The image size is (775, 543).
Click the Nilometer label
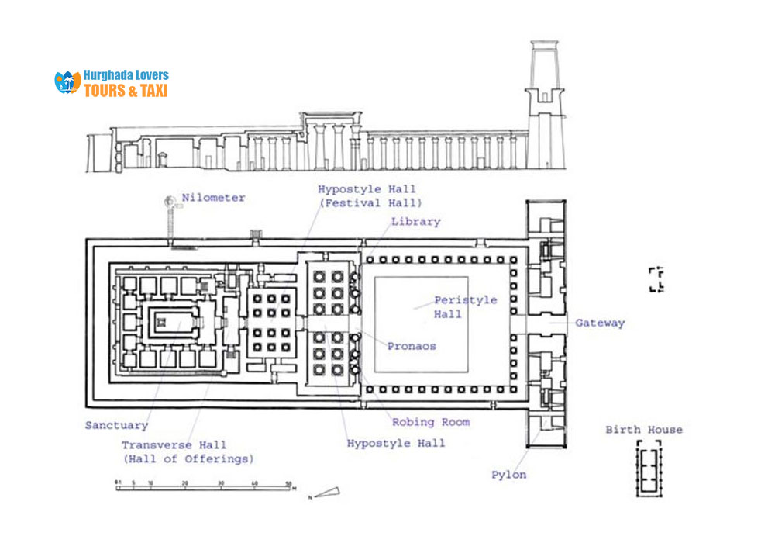[x=213, y=198]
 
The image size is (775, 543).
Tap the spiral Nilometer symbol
[x=169, y=202]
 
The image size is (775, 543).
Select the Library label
[x=415, y=222]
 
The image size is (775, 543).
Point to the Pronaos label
[x=412, y=346]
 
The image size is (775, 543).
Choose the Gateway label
[x=599, y=323]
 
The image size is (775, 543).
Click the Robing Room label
[x=431, y=422]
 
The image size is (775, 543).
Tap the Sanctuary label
[x=116, y=425]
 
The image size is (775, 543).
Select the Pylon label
[x=508, y=474]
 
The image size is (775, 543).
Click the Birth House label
[x=644, y=430]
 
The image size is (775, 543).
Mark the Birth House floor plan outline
[x=648, y=468]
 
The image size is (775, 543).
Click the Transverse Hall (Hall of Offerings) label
[x=187, y=451]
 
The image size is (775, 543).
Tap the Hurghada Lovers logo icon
[x=67, y=82]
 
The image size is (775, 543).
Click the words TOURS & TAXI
[x=126, y=90]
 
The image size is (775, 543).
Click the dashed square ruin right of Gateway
[x=656, y=279]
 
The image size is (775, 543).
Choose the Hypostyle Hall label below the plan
[x=396, y=443]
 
